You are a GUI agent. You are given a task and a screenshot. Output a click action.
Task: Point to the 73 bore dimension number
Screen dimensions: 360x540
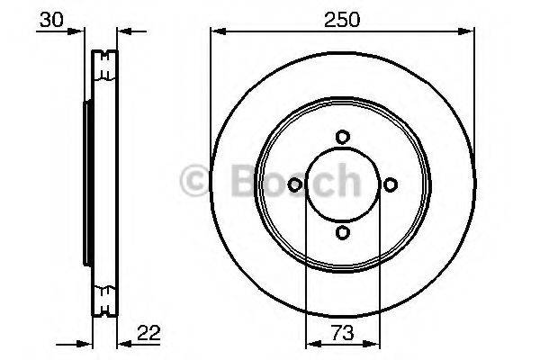pos(343,333)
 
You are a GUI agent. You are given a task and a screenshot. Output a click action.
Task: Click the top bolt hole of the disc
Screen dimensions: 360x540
pos(343,137)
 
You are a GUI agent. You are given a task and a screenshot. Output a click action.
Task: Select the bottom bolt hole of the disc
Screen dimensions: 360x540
pos(343,232)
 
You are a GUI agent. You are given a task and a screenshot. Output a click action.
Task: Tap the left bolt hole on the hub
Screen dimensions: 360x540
pos(295,184)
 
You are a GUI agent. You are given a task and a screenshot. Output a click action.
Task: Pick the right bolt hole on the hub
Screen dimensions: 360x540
pos(391,184)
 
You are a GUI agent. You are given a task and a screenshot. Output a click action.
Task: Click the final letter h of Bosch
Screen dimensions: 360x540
pos(345,181)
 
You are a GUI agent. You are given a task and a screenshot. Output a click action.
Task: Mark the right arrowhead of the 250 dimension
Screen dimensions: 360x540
pos(469,31)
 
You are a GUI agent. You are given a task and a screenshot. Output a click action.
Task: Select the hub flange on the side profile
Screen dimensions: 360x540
pos(87,184)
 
